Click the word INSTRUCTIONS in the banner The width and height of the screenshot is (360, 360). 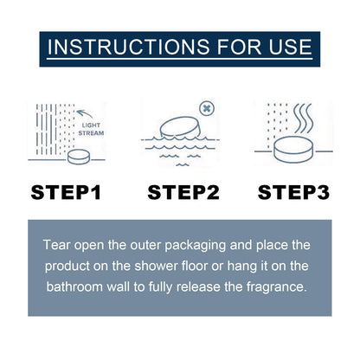[129, 47]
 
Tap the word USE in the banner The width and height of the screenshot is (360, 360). [291, 47]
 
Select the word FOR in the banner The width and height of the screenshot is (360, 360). [240, 47]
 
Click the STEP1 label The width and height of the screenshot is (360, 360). [66, 192]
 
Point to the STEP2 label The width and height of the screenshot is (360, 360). [183, 192]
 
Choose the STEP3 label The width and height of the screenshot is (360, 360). [293, 192]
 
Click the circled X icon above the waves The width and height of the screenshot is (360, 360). [207, 108]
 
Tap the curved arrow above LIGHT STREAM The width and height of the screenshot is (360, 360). [85, 113]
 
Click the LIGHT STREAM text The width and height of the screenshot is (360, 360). [91, 129]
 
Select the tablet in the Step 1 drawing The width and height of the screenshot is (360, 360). [79, 157]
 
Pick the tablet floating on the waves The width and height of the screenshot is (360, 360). [180, 127]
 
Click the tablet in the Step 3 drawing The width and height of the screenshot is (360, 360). [293, 150]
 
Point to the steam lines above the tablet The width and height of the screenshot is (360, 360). [303, 119]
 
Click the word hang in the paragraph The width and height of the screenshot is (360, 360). [241, 267]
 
